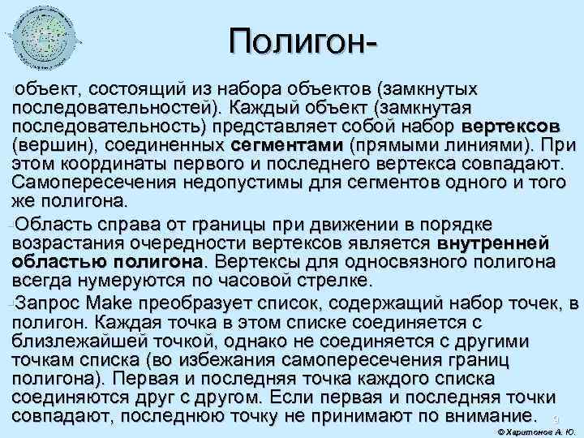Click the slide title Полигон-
[305, 41]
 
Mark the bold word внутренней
[495, 243]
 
